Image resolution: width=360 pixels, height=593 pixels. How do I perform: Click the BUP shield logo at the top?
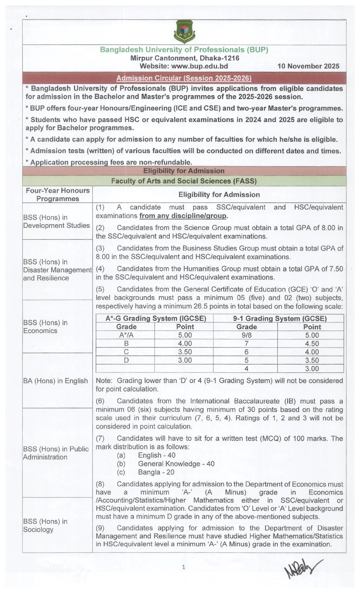(184, 32)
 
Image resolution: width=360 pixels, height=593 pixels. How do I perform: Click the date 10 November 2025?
(308, 66)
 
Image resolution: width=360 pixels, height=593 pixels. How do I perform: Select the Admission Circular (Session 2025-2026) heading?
(184, 78)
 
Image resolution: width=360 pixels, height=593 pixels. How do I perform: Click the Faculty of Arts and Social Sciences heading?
(184, 181)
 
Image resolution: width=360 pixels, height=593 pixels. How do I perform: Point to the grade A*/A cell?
(126, 335)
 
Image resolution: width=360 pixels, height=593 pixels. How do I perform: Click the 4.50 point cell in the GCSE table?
(312, 344)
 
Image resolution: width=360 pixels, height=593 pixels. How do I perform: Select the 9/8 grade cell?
(246, 335)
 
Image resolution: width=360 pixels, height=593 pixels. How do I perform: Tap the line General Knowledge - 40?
(176, 464)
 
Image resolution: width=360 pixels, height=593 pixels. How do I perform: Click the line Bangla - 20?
(156, 472)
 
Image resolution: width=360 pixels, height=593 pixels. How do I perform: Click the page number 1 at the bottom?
(184, 567)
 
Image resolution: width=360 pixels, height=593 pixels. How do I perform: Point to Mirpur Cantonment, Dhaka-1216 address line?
(185, 58)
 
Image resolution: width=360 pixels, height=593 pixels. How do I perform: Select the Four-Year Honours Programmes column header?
(58, 194)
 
